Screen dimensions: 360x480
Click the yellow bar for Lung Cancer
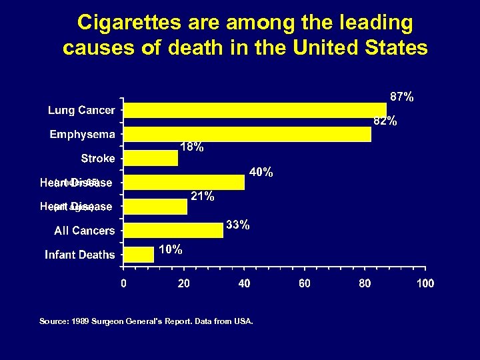(x=255, y=110)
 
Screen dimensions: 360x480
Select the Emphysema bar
(x=247, y=134)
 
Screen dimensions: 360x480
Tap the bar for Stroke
(x=151, y=158)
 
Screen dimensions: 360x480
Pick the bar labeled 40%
(x=185, y=182)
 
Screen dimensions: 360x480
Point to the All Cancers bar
(x=173, y=230)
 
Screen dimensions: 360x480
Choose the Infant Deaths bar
(x=139, y=254)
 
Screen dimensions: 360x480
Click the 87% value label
(x=401, y=97)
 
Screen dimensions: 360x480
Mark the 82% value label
(x=385, y=121)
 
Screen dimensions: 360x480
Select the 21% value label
(x=202, y=196)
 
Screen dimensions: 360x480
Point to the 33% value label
(x=237, y=225)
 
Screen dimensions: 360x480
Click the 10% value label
(x=170, y=249)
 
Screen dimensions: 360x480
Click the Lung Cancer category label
(x=81, y=110)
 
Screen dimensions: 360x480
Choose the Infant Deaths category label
(x=80, y=255)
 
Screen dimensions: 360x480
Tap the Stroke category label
(x=98, y=159)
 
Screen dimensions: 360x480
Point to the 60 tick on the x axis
(x=305, y=283)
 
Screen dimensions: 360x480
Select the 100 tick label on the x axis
(x=425, y=283)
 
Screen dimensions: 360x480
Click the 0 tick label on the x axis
(x=123, y=283)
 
